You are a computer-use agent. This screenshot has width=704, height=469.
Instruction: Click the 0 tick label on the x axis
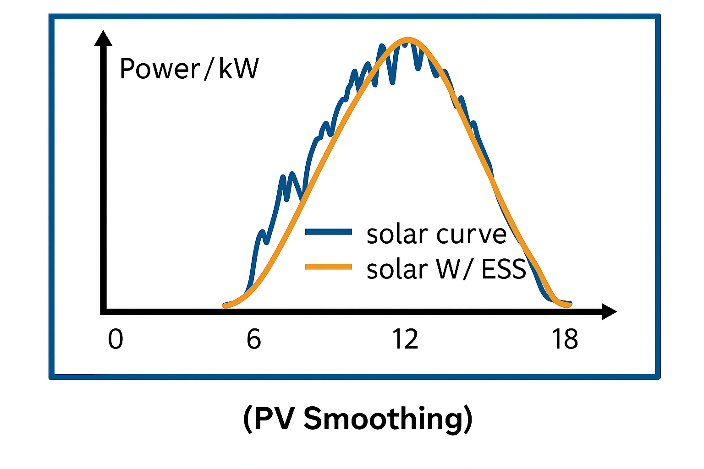(115, 340)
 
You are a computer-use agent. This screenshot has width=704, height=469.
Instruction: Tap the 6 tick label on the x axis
(253, 340)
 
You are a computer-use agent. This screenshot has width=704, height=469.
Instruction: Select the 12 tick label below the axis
(405, 340)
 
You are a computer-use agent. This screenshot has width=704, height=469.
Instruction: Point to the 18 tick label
(565, 340)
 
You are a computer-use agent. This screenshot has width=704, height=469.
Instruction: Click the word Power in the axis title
(160, 69)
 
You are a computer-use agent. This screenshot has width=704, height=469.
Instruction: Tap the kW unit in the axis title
(239, 69)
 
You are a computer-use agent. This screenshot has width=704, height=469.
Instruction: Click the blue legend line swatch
(328, 232)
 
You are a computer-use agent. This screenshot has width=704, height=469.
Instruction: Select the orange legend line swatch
(328, 267)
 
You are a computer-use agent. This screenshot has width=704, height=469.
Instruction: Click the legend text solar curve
(436, 234)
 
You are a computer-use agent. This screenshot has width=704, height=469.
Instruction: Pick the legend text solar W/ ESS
(446, 269)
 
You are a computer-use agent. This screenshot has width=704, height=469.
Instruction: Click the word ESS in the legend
(503, 269)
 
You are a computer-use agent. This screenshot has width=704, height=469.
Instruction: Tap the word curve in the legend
(471, 234)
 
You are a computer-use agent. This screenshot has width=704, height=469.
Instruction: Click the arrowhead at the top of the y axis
(103, 38)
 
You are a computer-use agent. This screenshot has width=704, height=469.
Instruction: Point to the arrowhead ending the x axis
(610, 311)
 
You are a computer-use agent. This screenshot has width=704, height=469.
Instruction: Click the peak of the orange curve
(407, 39)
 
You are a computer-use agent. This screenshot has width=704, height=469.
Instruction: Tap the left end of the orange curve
(225, 305)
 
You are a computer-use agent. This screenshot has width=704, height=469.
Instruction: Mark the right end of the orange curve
(570, 305)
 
